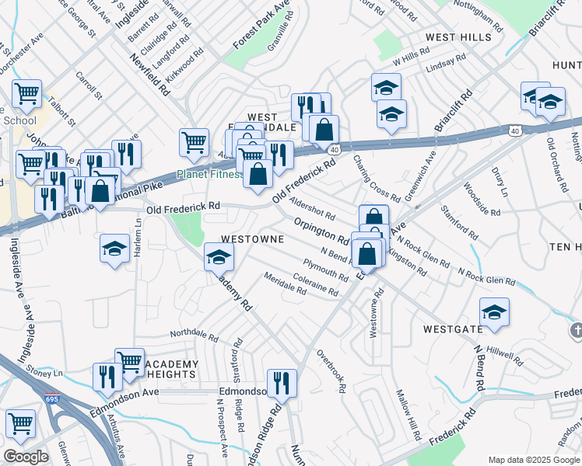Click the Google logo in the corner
(26, 457)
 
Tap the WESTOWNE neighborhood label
(252, 240)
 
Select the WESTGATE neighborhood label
(453, 329)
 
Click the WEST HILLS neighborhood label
(457, 37)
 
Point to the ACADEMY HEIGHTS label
(170, 369)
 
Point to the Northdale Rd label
(194, 335)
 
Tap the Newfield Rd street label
(150, 74)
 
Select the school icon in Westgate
(494, 312)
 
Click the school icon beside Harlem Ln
(115, 249)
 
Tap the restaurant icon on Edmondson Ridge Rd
(282, 382)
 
